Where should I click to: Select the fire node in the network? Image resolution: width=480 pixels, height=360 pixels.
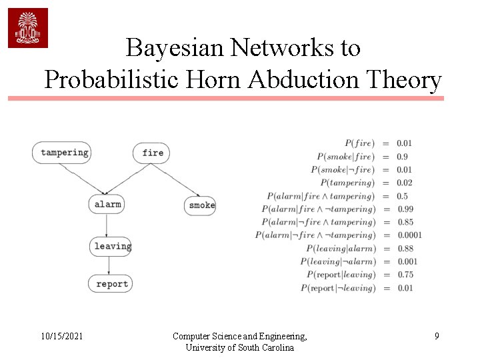[152, 153]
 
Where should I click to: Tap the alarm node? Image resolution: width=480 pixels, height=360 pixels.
[107, 204]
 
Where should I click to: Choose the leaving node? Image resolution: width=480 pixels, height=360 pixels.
[111, 246]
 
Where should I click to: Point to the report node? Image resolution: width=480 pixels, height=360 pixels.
[111, 283]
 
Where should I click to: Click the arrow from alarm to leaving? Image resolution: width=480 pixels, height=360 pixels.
[107, 225]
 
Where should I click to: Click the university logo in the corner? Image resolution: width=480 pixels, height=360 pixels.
[28, 28]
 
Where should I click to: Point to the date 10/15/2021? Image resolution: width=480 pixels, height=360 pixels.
[61, 337]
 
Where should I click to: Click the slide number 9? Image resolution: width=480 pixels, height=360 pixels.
[437, 337]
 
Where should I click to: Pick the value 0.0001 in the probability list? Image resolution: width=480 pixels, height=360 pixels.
[409, 235]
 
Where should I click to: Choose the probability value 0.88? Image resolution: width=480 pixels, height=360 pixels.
[405, 248]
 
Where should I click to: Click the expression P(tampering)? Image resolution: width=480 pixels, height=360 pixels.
[347, 183]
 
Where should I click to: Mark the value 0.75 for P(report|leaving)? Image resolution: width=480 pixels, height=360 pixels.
[405, 274]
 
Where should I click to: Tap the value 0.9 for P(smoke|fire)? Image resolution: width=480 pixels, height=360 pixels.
[402, 156]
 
